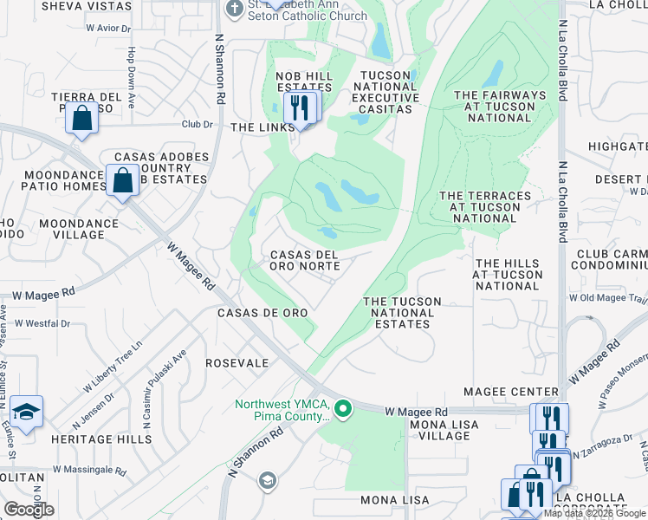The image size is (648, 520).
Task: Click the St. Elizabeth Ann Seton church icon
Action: [x=233, y=8]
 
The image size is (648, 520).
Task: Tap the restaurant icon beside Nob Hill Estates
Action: [x=301, y=107]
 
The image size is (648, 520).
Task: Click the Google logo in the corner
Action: [x=29, y=510]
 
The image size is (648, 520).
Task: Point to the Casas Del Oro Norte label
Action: [x=304, y=261]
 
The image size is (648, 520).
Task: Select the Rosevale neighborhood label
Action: [x=237, y=363]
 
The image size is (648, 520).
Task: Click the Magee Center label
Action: [x=511, y=393]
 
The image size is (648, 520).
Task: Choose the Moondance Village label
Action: [x=79, y=230]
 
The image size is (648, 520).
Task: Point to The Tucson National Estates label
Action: [x=402, y=313]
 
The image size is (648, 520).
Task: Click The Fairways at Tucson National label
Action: [x=500, y=107]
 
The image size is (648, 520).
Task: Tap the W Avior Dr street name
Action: [x=108, y=28]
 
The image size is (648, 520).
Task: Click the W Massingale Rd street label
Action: [x=89, y=471]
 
